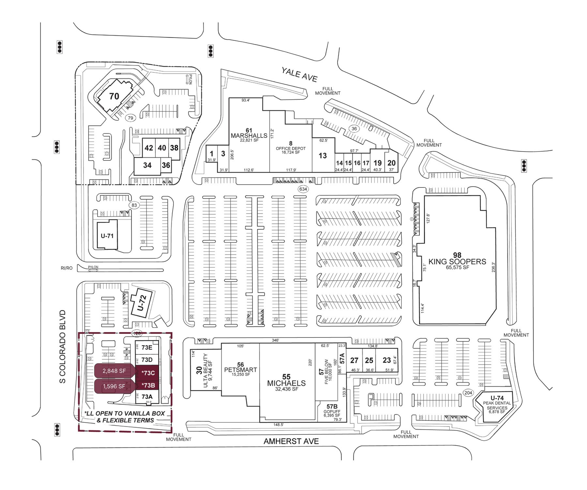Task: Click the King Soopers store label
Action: coord(457,261)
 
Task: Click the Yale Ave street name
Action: coord(299,74)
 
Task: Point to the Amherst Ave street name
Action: coord(291,441)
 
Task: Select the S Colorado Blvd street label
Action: coord(63,346)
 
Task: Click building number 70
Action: coord(114,96)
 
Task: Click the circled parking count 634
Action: coord(303,189)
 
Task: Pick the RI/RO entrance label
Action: coord(67,268)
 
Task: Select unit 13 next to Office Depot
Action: coord(323,155)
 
